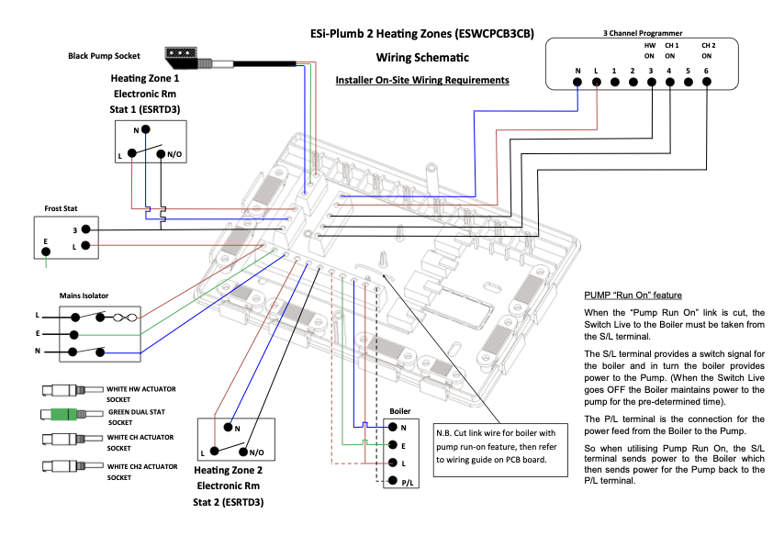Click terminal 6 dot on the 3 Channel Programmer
point(707,82)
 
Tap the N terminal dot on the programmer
point(577,82)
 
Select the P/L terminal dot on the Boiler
point(393,480)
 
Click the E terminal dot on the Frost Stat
point(46,251)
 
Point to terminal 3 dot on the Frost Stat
point(85,229)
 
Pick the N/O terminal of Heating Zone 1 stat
point(161,154)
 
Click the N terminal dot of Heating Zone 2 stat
point(229,427)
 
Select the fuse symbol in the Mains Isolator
point(125,318)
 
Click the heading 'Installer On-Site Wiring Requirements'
point(422,81)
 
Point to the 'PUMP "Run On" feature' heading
point(633,296)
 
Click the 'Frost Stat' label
point(61,208)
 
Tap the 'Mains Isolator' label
point(84,296)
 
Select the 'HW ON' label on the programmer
point(650,50)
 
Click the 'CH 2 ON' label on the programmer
point(709,50)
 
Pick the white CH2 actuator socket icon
point(73,465)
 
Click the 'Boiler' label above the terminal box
point(399,411)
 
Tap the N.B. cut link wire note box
point(500,450)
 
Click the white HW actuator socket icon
point(73,390)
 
